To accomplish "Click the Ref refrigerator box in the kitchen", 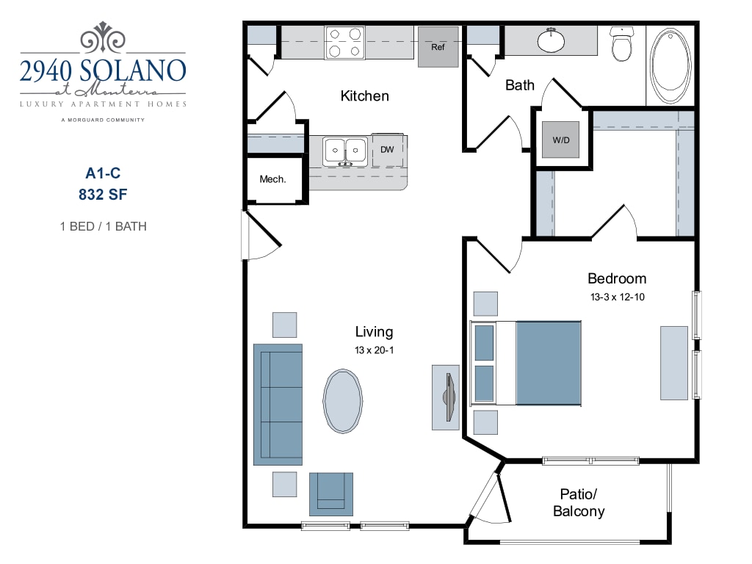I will (x=438, y=47).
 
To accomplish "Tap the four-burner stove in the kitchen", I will (x=344, y=43).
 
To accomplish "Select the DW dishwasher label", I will (x=387, y=150).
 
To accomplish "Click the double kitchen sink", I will (x=345, y=150).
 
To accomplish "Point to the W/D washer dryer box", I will (x=561, y=139).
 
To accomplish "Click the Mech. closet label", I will (x=272, y=179).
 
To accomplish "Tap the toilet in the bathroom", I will (x=622, y=43).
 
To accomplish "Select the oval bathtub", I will (x=670, y=65).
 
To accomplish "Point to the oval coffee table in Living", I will (x=342, y=401).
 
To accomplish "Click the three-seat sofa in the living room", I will (x=278, y=404).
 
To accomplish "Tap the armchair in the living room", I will (x=330, y=493).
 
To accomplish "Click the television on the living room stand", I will (x=448, y=397).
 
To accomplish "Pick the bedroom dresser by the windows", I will (x=673, y=363).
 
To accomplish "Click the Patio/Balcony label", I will (x=579, y=502).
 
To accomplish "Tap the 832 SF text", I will (x=102, y=195).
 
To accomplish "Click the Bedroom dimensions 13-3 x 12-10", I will (x=617, y=297).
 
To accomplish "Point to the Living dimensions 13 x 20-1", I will (x=374, y=350).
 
